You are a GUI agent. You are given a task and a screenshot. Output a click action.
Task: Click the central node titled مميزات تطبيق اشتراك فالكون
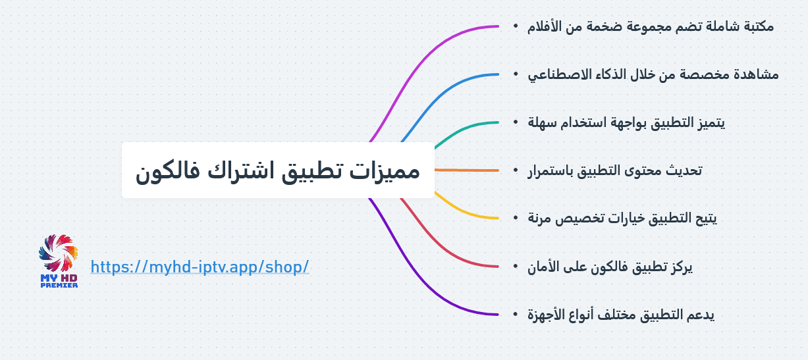coord(278,170)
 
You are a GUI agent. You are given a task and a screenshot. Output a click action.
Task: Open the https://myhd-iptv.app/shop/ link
coord(200,267)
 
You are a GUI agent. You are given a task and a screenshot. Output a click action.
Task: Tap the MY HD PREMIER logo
coord(59,261)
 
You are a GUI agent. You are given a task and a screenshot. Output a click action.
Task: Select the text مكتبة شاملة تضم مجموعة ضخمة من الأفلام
coord(651,26)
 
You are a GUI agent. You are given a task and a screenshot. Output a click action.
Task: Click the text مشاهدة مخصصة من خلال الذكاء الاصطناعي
coord(653,74)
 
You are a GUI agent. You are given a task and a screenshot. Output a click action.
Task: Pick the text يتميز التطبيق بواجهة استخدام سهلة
coord(626,122)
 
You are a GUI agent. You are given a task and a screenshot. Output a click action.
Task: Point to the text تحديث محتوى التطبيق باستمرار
coord(614,170)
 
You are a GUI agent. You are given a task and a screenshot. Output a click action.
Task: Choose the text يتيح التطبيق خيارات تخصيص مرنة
coord(622,219)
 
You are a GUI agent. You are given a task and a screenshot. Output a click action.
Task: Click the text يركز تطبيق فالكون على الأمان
coord(610,267)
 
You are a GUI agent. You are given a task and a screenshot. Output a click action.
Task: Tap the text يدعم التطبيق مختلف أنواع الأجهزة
coord(620,315)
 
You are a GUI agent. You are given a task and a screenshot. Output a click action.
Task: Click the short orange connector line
coord(467,170)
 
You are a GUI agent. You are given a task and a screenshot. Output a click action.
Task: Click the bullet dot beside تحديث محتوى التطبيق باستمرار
coord(516,170)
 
